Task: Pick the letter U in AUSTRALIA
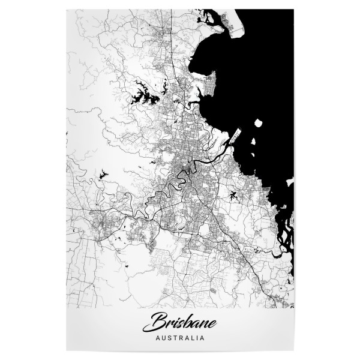(163, 338)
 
